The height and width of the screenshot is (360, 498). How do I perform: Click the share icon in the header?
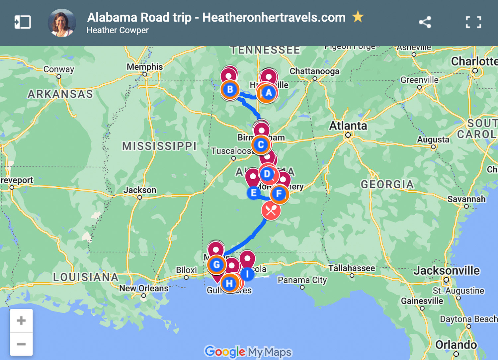click(x=425, y=22)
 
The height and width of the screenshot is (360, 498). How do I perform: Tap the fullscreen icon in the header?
click(x=473, y=22)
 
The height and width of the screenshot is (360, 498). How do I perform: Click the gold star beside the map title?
click(x=358, y=17)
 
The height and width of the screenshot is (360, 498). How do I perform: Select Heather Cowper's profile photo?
click(x=62, y=23)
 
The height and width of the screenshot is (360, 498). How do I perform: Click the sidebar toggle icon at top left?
click(x=23, y=22)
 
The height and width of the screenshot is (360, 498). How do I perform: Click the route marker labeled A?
click(x=268, y=93)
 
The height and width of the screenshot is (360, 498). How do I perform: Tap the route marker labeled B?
click(x=230, y=90)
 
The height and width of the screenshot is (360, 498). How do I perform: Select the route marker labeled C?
click(x=261, y=145)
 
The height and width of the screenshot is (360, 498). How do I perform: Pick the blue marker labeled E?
click(x=254, y=193)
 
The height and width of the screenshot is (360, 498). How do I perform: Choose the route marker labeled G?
click(x=216, y=265)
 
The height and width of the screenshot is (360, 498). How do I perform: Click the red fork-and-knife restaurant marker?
click(x=271, y=211)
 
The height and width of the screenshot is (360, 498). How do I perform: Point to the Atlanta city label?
click(x=348, y=126)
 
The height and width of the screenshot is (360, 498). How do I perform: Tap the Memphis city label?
click(x=144, y=67)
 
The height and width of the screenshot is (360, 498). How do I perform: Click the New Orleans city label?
click(x=144, y=288)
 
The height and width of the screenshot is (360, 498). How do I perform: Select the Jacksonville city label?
click(x=446, y=271)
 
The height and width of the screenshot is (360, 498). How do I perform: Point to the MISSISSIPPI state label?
click(x=159, y=146)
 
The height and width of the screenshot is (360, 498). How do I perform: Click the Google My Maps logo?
click(x=248, y=352)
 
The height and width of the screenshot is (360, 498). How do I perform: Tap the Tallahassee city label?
click(x=352, y=268)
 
